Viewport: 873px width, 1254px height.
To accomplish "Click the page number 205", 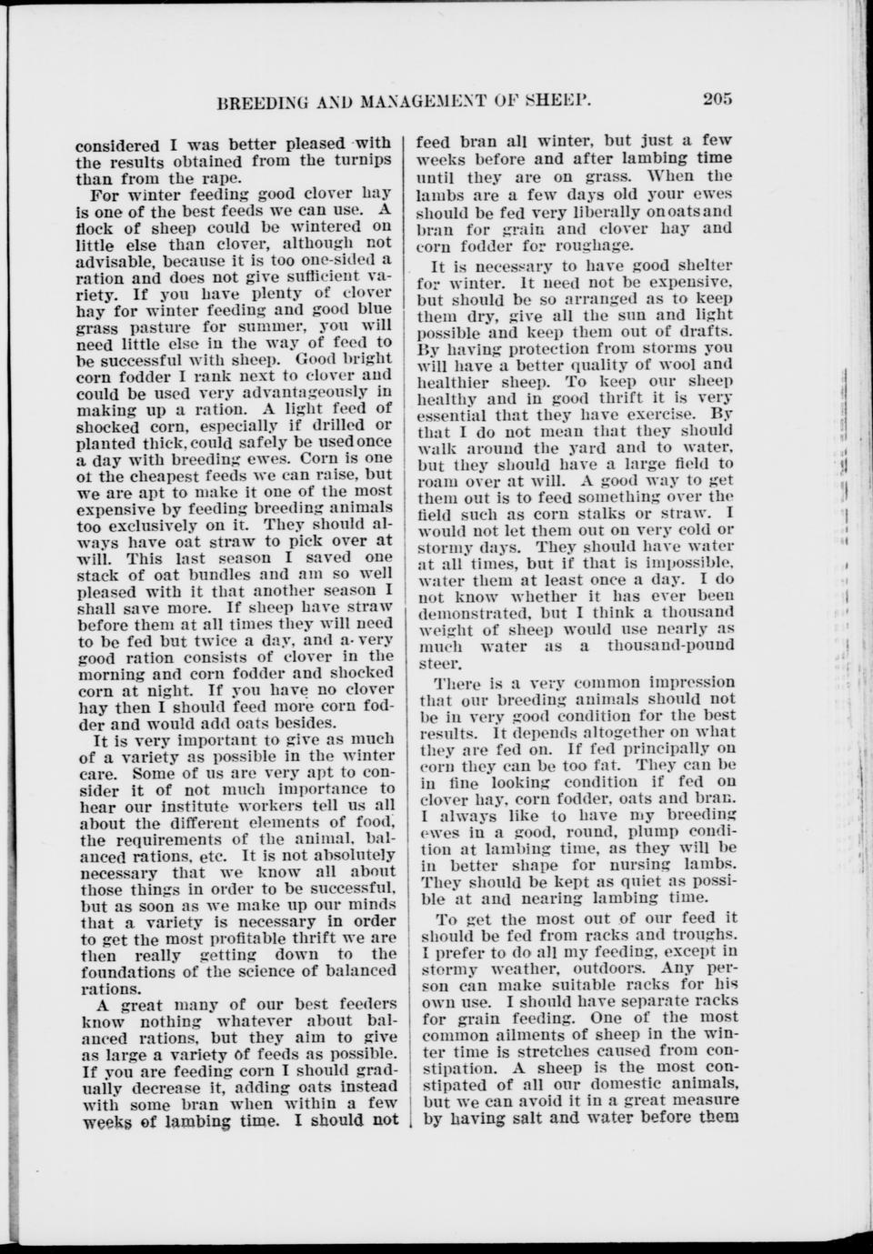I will click(x=717, y=99).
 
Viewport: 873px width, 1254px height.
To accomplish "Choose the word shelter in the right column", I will click(x=697, y=266).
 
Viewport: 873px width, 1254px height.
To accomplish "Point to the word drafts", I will click(x=704, y=332).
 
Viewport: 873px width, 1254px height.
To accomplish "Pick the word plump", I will click(x=645, y=831).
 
